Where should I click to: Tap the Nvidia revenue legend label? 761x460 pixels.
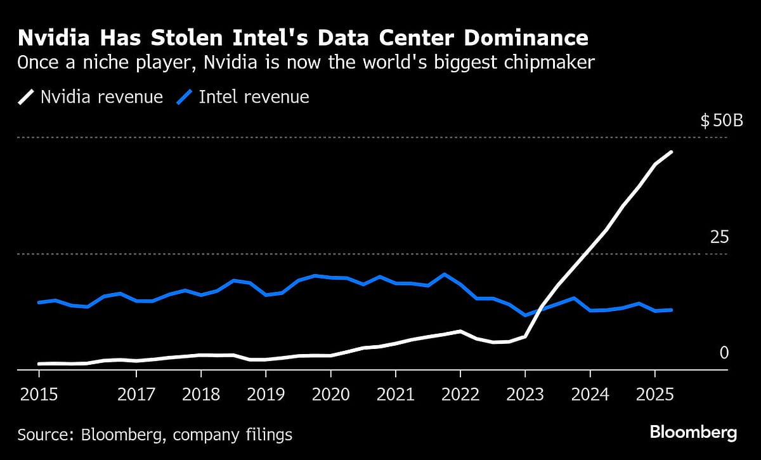click(101, 97)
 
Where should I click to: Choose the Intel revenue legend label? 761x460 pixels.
click(254, 97)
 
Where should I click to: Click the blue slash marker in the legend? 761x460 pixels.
click(184, 97)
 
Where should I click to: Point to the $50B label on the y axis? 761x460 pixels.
click(722, 121)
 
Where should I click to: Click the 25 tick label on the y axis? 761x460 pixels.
click(719, 237)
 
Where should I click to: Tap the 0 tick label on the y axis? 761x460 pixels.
click(724, 353)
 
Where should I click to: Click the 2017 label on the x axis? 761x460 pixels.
click(136, 394)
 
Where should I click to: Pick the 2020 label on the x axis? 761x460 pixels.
click(331, 394)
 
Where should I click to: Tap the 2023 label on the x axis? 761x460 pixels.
click(525, 394)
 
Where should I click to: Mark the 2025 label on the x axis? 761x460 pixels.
click(654, 394)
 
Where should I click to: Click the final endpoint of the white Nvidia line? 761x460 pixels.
click(671, 152)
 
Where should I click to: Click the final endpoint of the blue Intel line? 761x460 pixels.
click(671, 310)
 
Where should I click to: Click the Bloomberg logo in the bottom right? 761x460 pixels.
click(693, 433)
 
